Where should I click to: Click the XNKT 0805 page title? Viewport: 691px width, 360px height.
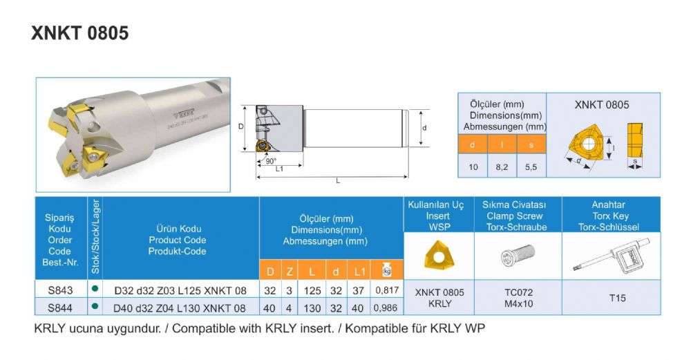pos(79,33)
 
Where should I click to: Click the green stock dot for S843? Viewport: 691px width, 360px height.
pos(95,290)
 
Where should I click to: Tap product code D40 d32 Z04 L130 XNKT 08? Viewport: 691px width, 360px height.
pos(180,307)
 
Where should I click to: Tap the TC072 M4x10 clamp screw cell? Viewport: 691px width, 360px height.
pos(518,298)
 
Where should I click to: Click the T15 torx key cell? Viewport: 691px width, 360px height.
pos(617,298)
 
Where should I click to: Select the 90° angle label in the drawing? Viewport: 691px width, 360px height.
pos(271,160)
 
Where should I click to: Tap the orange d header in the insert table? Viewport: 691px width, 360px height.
pos(473,144)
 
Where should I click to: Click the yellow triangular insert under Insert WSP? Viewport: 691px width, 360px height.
pos(439,255)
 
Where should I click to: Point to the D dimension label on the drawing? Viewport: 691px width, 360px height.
pos(240,126)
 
